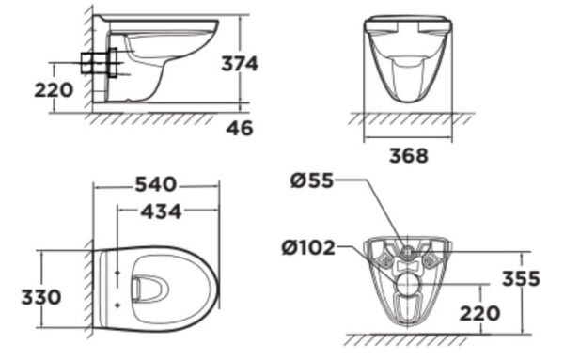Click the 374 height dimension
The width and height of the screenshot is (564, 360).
pos(240,64)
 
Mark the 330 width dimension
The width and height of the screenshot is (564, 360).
pos(41,297)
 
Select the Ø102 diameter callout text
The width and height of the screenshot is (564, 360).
pos(307,249)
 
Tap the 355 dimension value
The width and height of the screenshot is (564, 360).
pos(520,279)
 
